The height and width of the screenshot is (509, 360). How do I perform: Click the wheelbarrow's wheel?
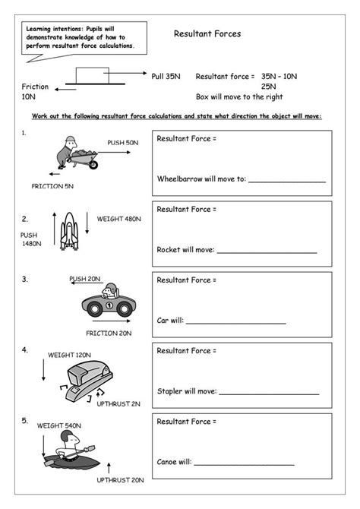tap(91, 161)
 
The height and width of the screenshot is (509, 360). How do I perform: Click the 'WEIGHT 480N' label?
tap(118, 219)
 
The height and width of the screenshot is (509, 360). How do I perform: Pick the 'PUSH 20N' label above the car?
tap(85, 279)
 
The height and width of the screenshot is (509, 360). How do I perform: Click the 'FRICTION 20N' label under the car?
tap(109, 333)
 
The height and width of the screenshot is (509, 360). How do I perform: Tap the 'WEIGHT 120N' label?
tap(69, 354)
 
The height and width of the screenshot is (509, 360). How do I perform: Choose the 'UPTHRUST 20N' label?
tap(120, 480)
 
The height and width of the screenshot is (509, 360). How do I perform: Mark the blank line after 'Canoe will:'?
tap(244, 464)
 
